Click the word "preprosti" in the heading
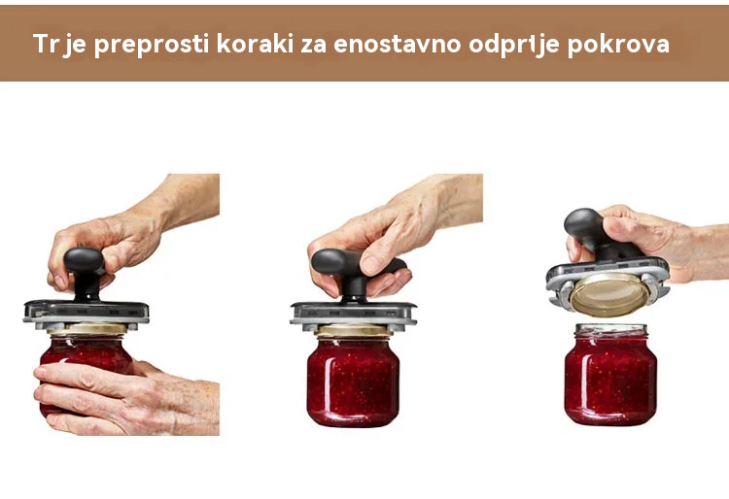pos(151,45)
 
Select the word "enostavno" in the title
pos(397,44)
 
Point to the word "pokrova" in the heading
pos(618,45)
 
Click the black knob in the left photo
pos(85,273)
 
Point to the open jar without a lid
pos(610,374)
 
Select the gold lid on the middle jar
pos(354,330)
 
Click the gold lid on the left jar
pos(87,329)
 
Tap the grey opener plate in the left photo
pos(87,313)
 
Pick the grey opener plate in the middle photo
pos(354,315)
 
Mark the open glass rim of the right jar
pos(610,329)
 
